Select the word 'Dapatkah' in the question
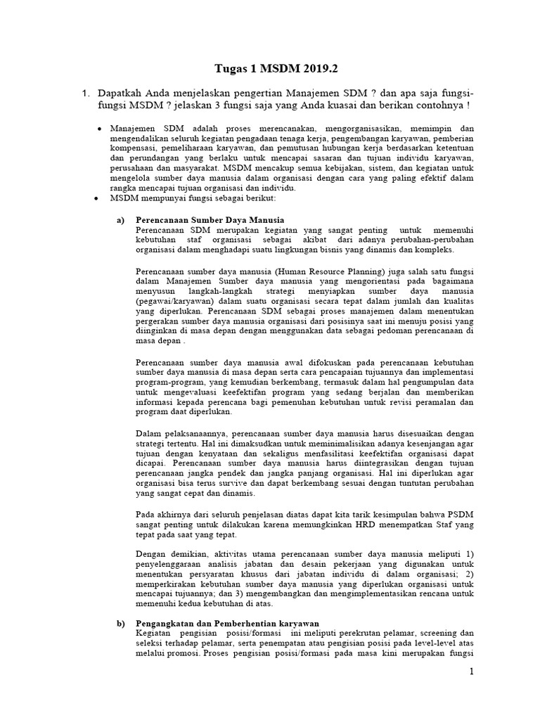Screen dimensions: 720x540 (x=122, y=94)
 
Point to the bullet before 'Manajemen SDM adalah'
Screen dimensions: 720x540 (x=100, y=130)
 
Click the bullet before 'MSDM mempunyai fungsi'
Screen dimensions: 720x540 (x=100, y=199)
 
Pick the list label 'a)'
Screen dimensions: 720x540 (x=120, y=220)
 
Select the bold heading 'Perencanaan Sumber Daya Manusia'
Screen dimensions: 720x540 (x=197, y=220)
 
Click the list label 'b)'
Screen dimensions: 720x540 (x=120, y=623)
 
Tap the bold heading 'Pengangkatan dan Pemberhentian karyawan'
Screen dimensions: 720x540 (x=228, y=623)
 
